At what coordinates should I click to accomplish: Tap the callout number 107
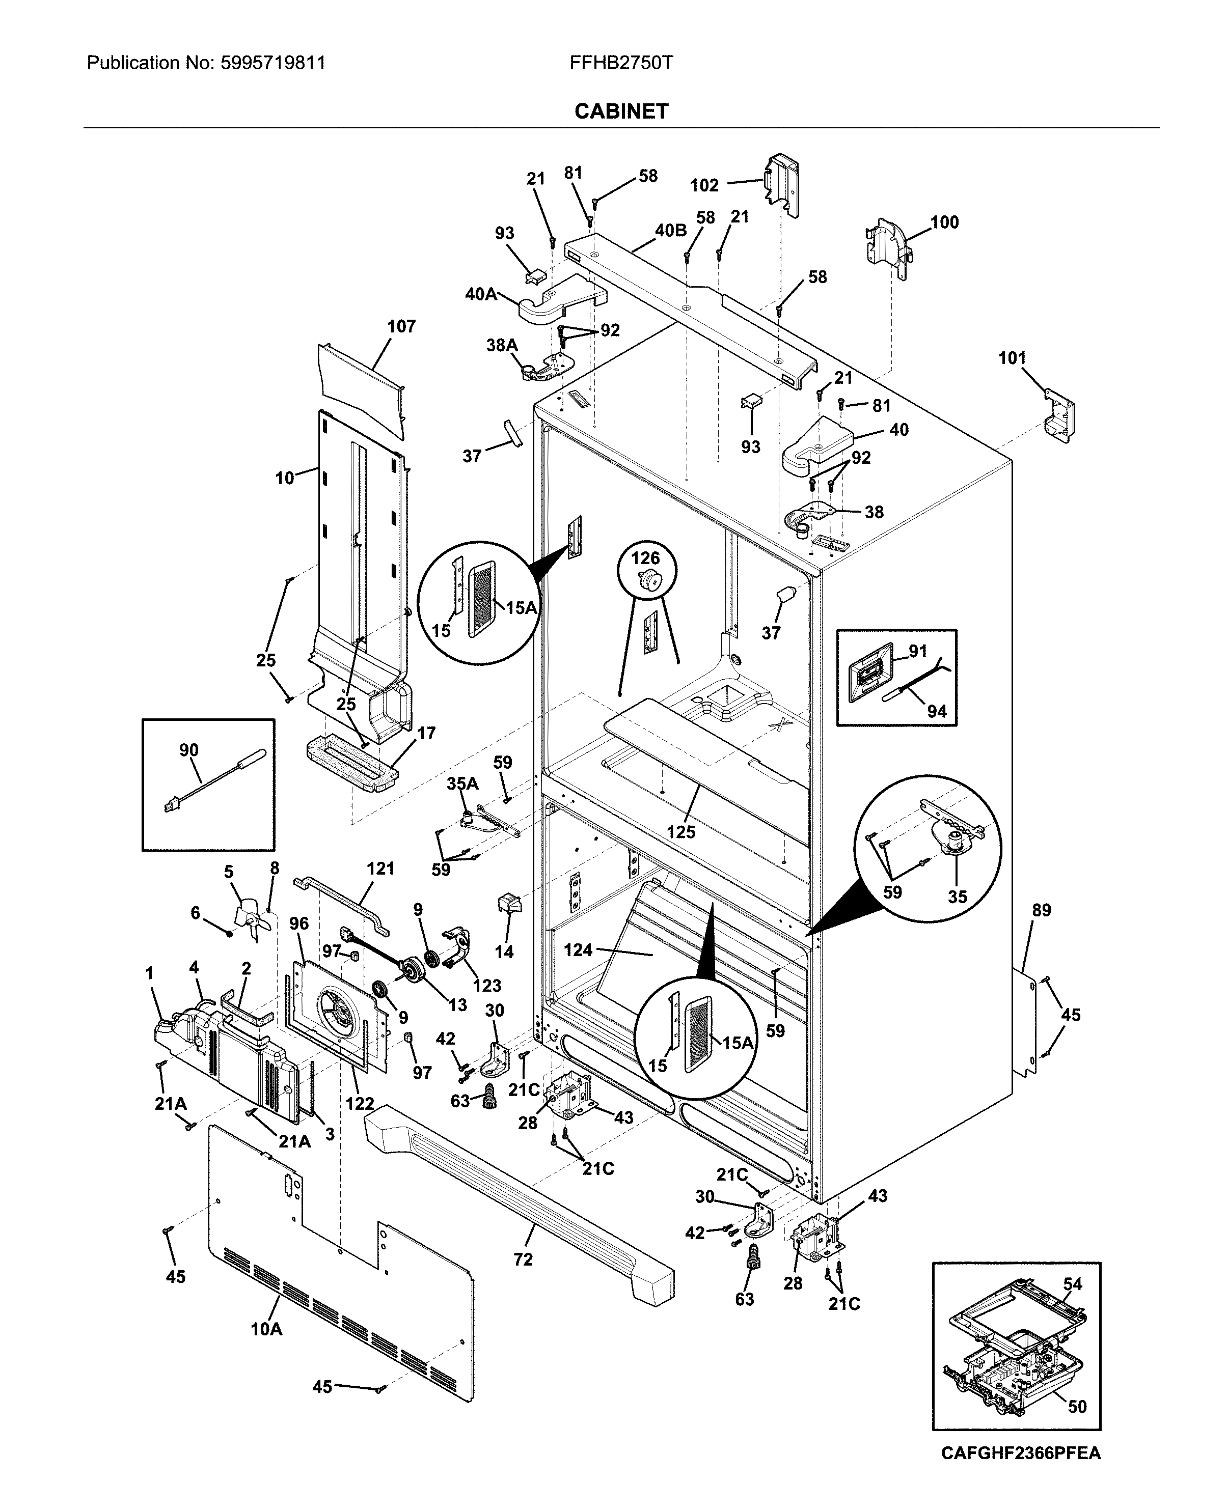click(401, 326)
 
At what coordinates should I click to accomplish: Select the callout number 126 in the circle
click(645, 558)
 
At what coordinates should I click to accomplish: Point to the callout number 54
click(1072, 1284)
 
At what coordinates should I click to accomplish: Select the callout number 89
click(1041, 910)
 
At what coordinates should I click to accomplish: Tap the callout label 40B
click(670, 230)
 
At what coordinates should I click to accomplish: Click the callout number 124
click(578, 950)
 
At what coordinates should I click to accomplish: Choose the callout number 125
click(680, 832)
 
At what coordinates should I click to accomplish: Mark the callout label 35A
click(462, 783)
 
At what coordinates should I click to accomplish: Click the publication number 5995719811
click(273, 63)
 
